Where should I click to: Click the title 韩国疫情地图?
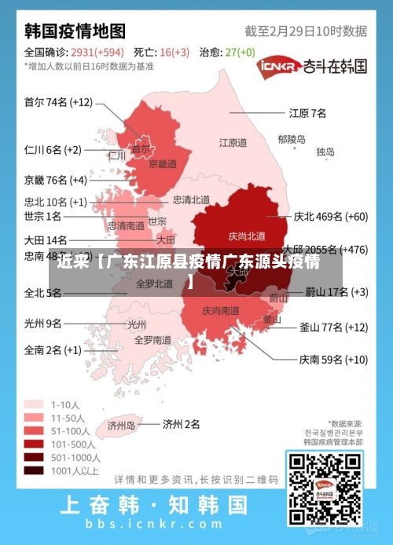tap(75, 31)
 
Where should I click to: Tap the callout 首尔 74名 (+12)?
tap(58, 102)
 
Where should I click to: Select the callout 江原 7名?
tap(307, 112)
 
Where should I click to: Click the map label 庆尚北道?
tap(247, 236)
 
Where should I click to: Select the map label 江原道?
tap(233, 143)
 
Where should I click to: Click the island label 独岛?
tap(325, 152)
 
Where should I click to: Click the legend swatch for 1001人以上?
tap(34, 471)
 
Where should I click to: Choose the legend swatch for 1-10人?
tap(34, 404)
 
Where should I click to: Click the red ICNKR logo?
tap(277, 66)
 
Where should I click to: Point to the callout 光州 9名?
tap(42, 323)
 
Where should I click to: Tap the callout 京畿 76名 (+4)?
tap(55, 179)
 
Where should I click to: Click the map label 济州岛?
tap(120, 426)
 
